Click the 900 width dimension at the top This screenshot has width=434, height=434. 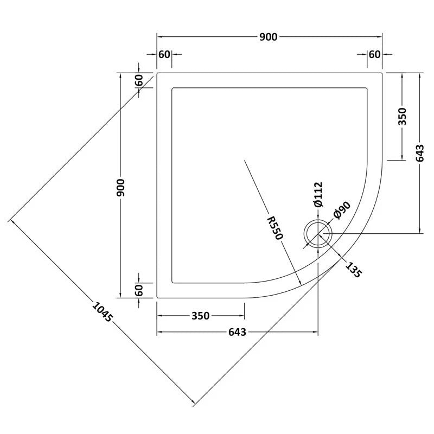coord(269,37)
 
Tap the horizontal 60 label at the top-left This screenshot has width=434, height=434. coord(164,54)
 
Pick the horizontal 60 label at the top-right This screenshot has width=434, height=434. coord(374,54)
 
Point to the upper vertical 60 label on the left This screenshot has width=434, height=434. coord(139,81)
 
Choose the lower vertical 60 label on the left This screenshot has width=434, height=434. coord(139,290)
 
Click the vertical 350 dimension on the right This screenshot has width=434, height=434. coord(402,116)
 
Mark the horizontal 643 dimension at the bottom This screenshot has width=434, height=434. coord(237,332)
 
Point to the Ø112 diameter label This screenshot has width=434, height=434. coord(318,195)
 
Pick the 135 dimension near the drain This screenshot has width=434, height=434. coord(353,270)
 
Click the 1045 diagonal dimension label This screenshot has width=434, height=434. coord(101,313)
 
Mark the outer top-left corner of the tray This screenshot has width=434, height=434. coord(157,72)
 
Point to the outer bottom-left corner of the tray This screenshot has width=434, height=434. coord(157,297)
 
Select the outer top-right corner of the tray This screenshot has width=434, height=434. coord(382,72)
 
